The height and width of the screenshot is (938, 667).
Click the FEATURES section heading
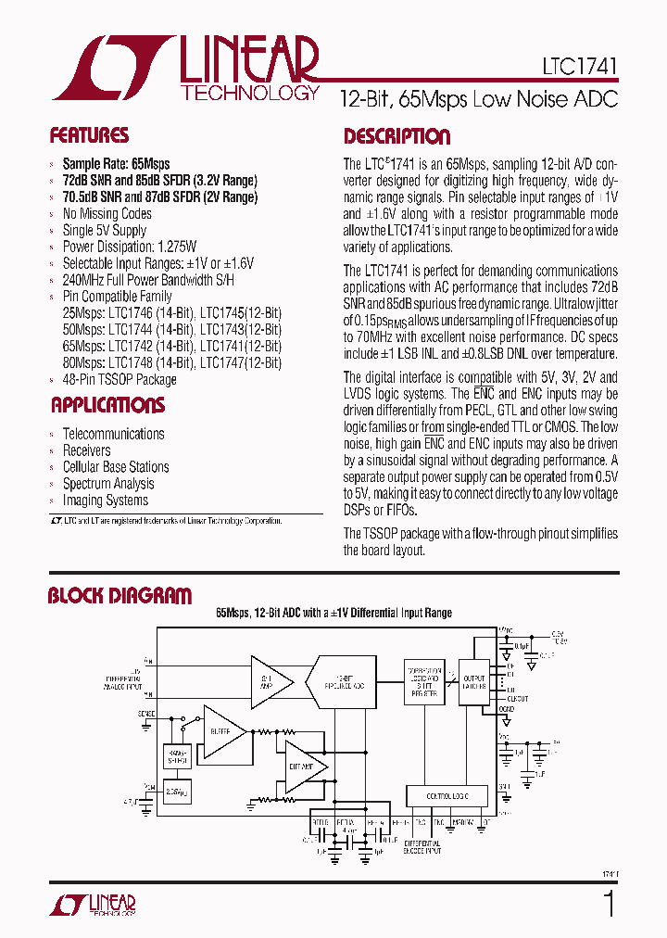[x=89, y=135]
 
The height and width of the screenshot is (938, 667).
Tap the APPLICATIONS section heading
[x=107, y=405]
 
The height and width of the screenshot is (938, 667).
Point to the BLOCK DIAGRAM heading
[x=120, y=596]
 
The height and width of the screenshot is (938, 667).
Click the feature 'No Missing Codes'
[x=107, y=213]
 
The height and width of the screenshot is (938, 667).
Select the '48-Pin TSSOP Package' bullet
[x=119, y=379]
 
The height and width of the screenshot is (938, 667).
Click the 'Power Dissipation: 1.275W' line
[x=129, y=247]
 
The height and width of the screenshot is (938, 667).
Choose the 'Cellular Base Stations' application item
[x=116, y=466]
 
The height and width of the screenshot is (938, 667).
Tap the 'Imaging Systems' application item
[x=105, y=500]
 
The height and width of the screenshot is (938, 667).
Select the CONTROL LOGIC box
[x=447, y=795]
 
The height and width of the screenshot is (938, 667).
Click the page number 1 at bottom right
[x=609, y=903]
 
